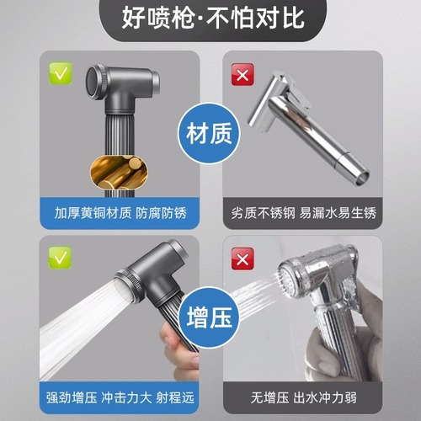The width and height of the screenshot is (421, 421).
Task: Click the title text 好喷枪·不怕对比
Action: coord(210,19)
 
